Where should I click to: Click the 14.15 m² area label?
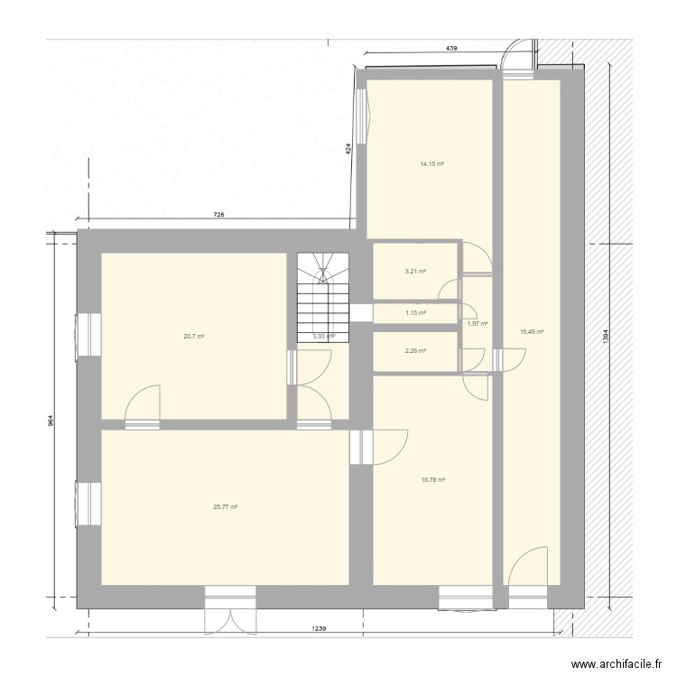(x=432, y=164)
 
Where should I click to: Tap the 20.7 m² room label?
(x=193, y=337)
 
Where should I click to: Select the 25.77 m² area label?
(x=225, y=507)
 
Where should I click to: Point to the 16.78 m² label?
(x=432, y=480)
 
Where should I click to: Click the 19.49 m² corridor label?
(x=532, y=331)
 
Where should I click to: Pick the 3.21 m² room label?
(x=415, y=271)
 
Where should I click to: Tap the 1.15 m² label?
(x=415, y=313)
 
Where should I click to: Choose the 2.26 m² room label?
(x=415, y=351)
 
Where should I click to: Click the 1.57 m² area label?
(x=478, y=323)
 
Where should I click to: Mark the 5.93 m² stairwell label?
(x=323, y=337)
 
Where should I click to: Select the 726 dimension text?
(x=218, y=215)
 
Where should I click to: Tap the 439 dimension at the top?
(x=450, y=47)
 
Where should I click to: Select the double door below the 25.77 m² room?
(x=232, y=619)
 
